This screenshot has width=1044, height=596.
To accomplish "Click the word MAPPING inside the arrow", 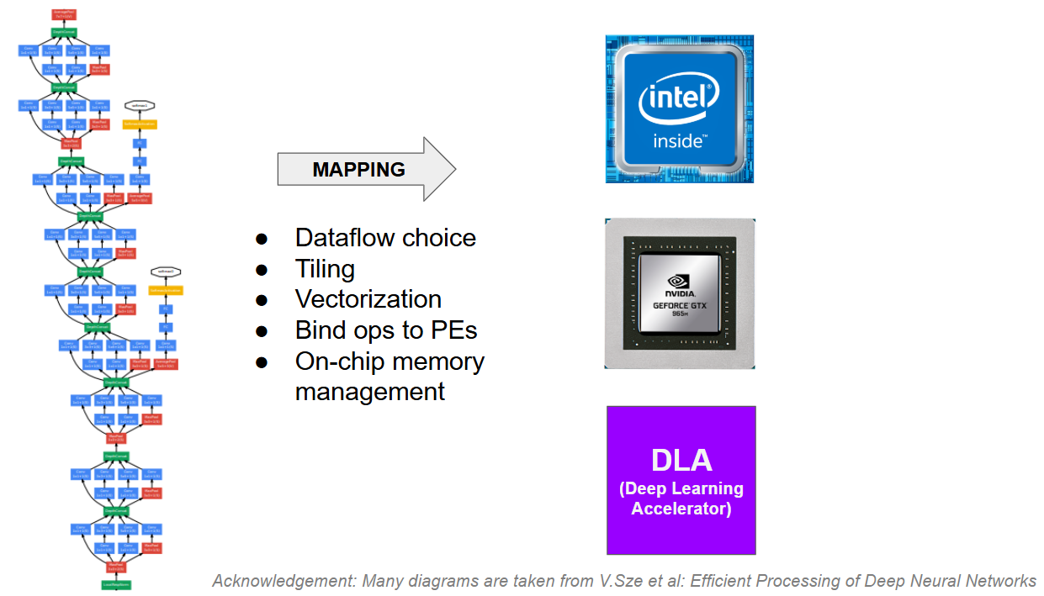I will pos(358,170).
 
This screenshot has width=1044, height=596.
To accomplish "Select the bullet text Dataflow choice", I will pos(385,238).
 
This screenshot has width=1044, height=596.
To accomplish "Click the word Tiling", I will pos(325,269).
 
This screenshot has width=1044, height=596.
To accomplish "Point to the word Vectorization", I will pos(368,299).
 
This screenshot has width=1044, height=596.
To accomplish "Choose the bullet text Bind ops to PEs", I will pos(385,330).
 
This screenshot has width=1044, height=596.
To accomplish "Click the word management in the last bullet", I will pos(369,392).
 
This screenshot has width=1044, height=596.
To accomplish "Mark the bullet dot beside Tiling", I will pos(262,270).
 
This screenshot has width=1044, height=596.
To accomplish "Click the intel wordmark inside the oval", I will pos(679,101).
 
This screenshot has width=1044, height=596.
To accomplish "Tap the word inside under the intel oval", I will pos(678,141).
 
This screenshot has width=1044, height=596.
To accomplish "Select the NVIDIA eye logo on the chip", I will pos(679,282).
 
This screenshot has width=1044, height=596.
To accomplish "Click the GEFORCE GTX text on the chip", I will pos(679,305).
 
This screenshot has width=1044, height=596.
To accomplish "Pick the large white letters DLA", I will pos(681,460).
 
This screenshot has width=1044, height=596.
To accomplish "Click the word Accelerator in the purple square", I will pos(681,509).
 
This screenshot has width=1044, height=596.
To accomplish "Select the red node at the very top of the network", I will pos(64,14).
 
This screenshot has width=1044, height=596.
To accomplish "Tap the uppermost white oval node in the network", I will pos(140,106).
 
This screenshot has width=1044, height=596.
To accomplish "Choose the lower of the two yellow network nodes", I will pos(166,290).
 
